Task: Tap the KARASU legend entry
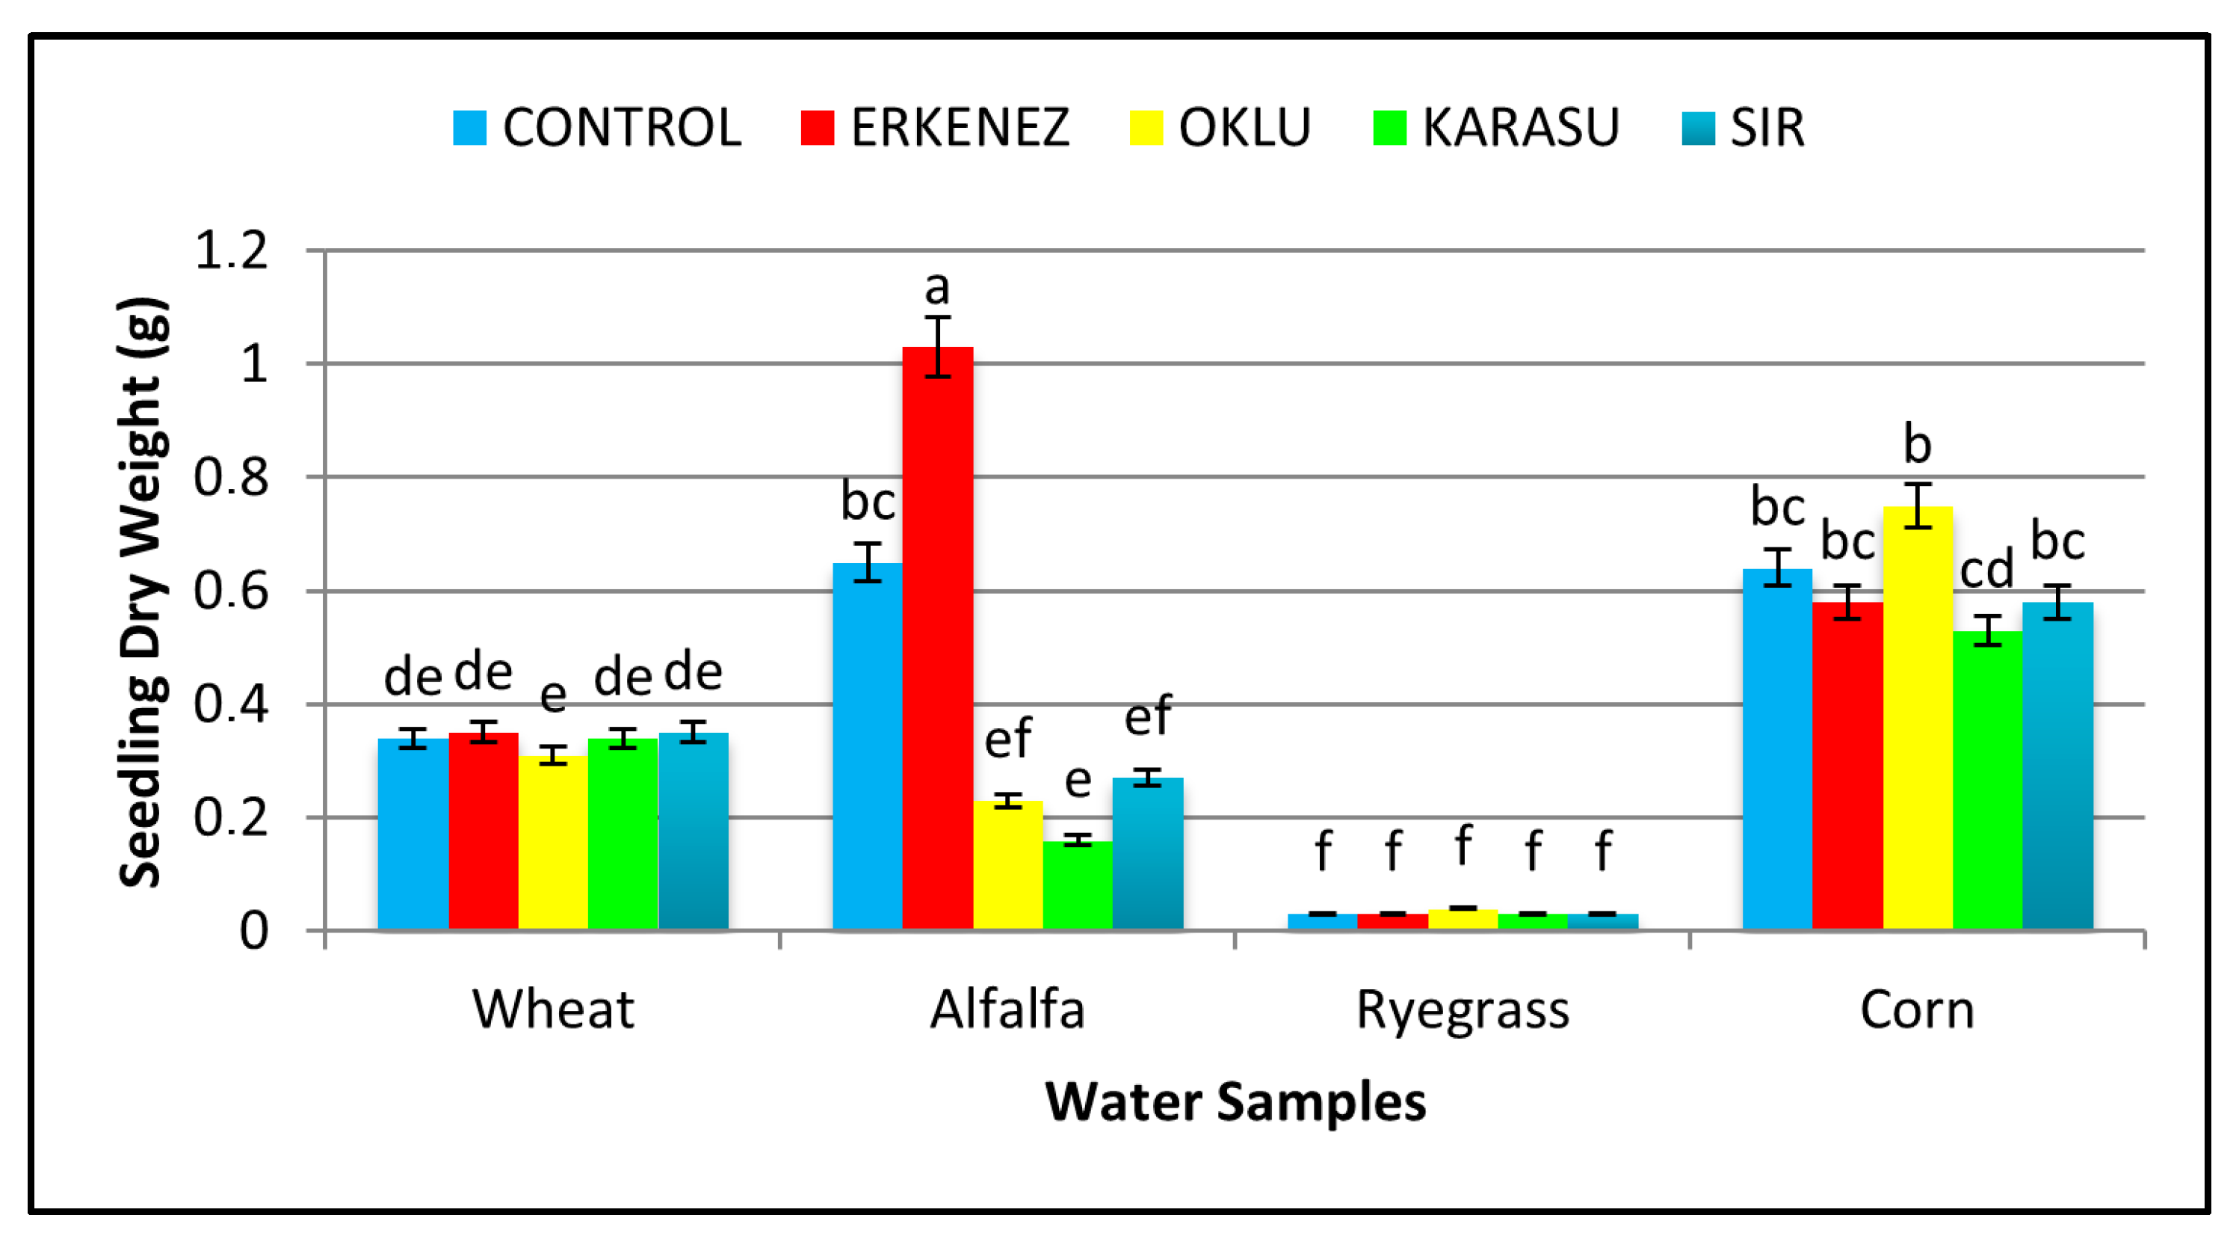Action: pyautogui.click(x=1496, y=128)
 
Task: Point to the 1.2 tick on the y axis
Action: pyautogui.click(x=231, y=251)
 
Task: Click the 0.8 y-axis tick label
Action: pyautogui.click(x=231, y=477)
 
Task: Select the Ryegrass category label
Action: pyautogui.click(x=1463, y=1010)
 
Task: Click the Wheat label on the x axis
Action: pyautogui.click(x=553, y=1010)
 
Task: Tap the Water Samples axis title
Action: pyautogui.click(x=1235, y=1101)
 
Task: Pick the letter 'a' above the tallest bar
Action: pyautogui.click(x=937, y=288)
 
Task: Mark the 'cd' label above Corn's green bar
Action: pyautogui.click(x=1987, y=571)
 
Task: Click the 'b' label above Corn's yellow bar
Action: pyautogui.click(x=1918, y=444)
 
